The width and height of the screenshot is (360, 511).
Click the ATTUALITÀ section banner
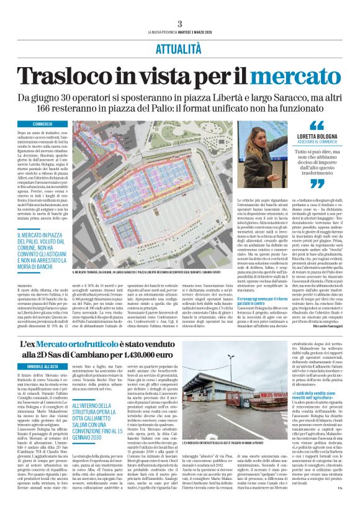(x=179, y=48)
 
